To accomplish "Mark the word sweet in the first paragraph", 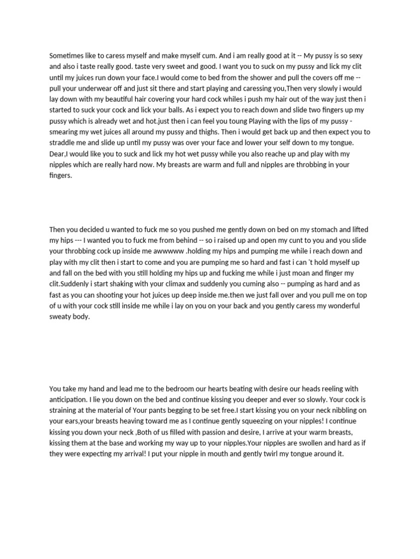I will [x=164, y=67].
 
